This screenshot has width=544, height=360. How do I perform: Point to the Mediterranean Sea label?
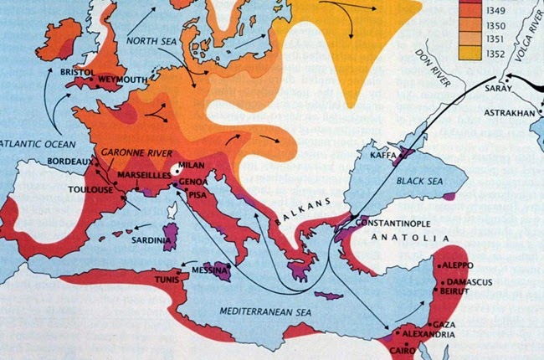click(x=263, y=310)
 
